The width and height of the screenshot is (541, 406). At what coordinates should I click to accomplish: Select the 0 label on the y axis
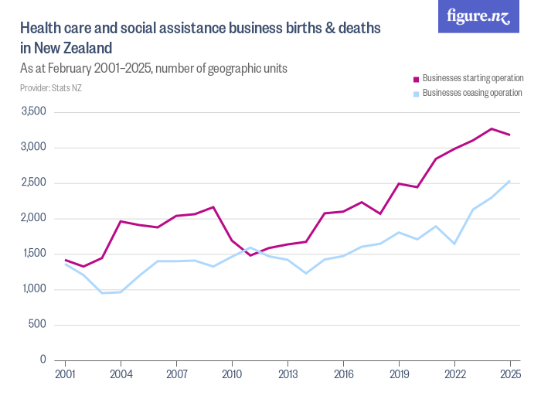(43, 360)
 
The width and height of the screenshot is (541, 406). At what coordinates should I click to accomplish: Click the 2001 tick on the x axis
(65, 375)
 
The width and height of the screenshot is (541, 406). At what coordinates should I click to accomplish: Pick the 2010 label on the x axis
(232, 375)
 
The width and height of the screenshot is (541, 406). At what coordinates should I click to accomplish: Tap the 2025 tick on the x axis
(510, 375)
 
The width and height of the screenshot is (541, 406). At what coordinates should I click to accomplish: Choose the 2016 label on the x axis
(343, 375)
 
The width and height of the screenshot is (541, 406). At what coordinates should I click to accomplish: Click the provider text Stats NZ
(51, 87)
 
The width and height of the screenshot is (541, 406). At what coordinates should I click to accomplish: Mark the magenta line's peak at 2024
(492, 128)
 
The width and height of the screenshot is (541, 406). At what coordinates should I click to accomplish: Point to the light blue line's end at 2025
(510, 181)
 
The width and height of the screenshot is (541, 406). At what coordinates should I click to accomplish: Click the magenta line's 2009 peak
(213, 207)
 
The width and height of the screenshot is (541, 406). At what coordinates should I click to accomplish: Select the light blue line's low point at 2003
(102, 292)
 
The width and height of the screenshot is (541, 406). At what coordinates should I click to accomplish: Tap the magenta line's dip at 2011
(250, 255)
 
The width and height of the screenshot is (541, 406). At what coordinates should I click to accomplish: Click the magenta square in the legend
(416, 79)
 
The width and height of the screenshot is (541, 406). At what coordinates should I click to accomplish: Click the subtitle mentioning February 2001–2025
(154, 68)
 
